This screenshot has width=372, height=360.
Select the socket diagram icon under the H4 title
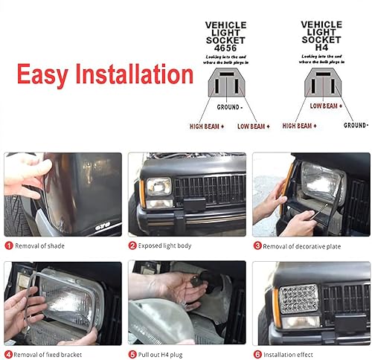coord(321,83)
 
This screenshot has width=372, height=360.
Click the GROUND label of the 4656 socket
coord(229,107)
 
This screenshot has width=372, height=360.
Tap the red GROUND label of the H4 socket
coord(355,125)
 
